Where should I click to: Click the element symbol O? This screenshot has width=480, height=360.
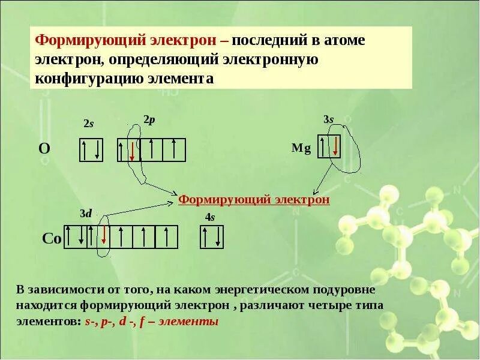pos(44,149)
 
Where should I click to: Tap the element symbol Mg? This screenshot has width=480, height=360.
pos(301,149)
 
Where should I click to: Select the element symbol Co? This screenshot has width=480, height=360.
pos(52,238)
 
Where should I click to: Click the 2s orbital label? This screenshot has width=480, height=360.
pos(89,124)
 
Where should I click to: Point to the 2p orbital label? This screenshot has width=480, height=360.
pos(149,119)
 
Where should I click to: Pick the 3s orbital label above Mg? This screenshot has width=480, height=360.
pos(328,119)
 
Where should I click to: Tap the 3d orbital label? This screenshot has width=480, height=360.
pos(86,213)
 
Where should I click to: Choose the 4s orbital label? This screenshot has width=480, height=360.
pos(210,218)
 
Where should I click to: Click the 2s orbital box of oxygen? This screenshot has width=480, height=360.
pos(92,150)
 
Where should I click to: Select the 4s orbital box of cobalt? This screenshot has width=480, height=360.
pos(211,237)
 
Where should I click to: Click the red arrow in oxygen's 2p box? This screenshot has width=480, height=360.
pos(132,150)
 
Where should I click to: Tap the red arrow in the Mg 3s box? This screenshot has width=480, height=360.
pos(336,146)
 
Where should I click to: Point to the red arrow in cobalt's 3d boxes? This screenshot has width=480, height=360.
pos(104,235)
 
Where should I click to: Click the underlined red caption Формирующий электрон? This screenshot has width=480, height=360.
pos(254,199)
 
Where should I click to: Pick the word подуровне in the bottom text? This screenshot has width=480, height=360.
pos(345,290)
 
